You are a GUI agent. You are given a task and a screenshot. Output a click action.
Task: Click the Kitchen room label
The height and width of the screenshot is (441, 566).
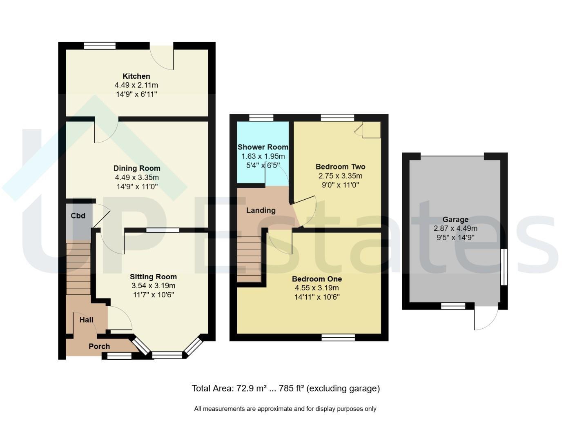tap(136, 76)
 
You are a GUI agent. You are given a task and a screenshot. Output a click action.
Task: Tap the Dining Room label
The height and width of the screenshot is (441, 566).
tap(137, 168)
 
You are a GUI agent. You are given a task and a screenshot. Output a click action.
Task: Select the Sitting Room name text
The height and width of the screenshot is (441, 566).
tap(153, 277)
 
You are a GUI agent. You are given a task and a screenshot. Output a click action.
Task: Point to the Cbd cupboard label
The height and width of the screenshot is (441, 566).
tap(78, 216)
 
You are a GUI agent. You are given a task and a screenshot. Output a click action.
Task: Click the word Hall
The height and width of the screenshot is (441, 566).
tap(87, 320)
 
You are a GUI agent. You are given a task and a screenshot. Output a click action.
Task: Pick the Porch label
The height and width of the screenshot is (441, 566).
tap(99, 346)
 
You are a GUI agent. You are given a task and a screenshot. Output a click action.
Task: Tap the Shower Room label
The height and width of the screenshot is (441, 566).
tap(263, 147)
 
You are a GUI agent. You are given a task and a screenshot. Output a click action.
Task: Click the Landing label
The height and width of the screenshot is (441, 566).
tap(261, 210)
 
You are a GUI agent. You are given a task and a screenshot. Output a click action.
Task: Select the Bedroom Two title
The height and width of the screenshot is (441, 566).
tap(340, 167)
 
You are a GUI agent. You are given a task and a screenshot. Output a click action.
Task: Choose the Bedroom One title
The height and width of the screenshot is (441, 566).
tap(317, 279)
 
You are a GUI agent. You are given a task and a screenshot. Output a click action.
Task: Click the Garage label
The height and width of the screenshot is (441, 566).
tap(455, 220)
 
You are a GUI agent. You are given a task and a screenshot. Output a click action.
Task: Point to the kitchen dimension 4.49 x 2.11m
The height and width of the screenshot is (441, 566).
tap(136, 85)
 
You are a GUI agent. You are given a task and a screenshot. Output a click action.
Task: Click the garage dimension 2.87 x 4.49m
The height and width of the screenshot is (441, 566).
tap(455, 229)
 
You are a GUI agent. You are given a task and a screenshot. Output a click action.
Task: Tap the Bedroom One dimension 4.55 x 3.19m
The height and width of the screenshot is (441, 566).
tap(317, 288)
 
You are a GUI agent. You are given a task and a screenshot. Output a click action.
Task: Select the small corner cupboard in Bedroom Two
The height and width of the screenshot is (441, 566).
tap(372, 129)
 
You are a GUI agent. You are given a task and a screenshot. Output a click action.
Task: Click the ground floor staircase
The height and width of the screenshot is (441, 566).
tap(78, 269)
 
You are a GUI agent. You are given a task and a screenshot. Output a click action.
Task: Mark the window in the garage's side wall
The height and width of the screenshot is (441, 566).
tap(504, 267)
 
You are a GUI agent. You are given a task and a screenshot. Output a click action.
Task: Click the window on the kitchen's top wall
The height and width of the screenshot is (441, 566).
tap(100, 46)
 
